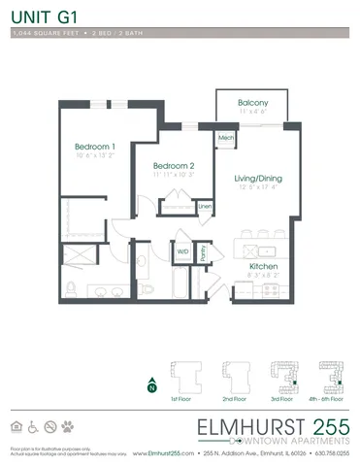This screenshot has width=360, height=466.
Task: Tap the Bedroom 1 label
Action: pyautogui.click(x=95, y=147)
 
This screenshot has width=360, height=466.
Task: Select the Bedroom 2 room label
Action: pyautogui.click(x=174, y=165)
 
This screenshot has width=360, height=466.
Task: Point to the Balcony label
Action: pyautogui.click(x=253, y=103)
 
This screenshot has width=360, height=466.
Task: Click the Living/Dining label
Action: pyautogui.click(x=257, y=178)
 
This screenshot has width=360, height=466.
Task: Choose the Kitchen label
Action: pyautogui.click(x=264, y=266)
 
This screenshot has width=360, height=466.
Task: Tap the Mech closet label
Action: pyautogui.click(x=226, y=138)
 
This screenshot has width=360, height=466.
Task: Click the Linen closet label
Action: pyautogui.click(x=205, y=206)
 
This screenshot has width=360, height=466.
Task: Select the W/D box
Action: pyautogui.click(x=182, y=250)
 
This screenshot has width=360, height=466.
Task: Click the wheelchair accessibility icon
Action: pyautogui.click(x=33, y=425)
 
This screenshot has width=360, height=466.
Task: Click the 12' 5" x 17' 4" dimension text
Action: pyautogui.click(x=257, y=187)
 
